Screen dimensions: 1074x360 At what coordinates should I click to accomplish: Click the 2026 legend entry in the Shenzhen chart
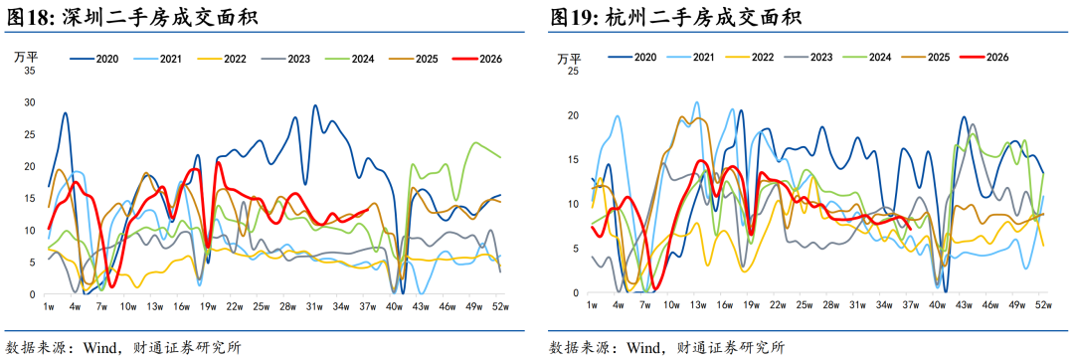[x=477, y=59]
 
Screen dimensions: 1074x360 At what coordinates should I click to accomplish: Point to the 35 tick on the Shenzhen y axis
[x=30, y=70]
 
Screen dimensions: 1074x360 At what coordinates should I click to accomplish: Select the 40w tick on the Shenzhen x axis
[x=393, y=306]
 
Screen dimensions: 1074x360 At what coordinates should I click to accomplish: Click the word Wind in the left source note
[x=97, y=347]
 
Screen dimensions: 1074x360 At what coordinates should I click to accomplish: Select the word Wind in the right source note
[x=642, y=347]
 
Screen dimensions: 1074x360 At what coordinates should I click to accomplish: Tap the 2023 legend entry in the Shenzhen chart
[x=285, y=59]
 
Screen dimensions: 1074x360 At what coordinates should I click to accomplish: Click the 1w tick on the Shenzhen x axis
[x=49, y=306]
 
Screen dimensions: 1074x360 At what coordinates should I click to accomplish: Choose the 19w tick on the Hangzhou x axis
[x=751, y=304]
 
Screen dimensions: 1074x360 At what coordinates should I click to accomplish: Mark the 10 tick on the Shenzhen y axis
[x=30, y=230]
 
